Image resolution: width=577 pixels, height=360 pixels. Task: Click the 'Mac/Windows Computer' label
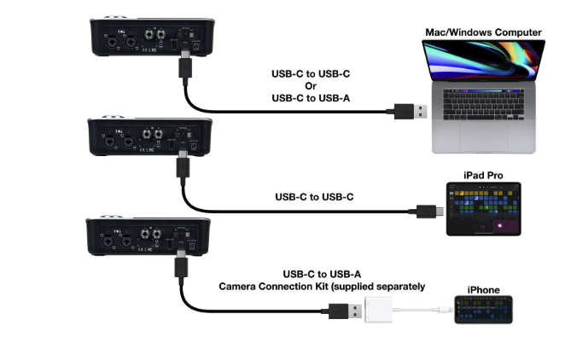click(484, 32)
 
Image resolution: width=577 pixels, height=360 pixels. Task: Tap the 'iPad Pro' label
click(483, 175)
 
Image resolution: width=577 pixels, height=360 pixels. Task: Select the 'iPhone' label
click(483, 290)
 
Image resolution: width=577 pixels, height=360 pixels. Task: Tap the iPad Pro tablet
click(483, 208)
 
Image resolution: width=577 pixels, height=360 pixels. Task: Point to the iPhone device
click(483, 311)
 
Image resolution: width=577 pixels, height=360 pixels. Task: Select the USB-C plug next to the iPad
click(427, 210)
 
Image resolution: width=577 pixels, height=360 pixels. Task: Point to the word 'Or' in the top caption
click(312, 84)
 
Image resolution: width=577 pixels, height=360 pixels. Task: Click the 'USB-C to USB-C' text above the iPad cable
click(315, 196)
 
